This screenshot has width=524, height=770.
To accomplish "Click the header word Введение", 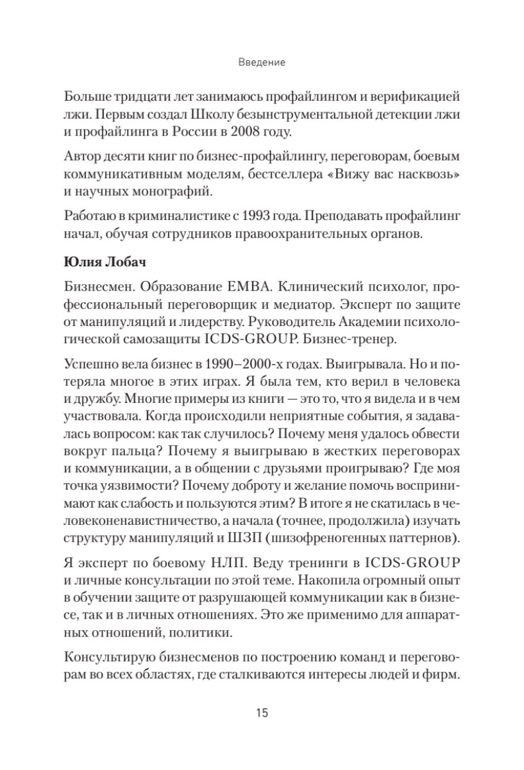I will click(262, 64).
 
